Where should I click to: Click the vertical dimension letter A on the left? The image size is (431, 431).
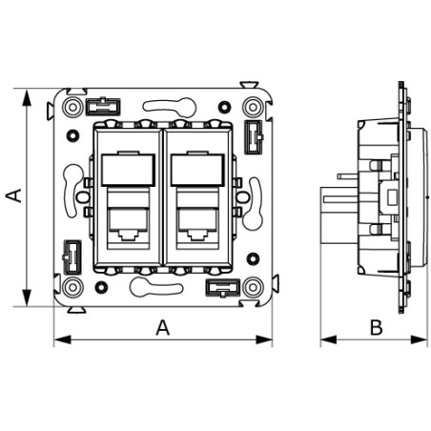[13, 195]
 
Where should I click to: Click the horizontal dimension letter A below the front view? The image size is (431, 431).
[162, 328]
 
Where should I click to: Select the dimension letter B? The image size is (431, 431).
[376, 328]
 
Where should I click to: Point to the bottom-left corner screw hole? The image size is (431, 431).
[72, 286]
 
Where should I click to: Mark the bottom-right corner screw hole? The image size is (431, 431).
[252, 286]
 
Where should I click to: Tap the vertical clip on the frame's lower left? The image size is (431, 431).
[71, 256]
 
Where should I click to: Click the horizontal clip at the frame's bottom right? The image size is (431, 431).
[220, 287]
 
